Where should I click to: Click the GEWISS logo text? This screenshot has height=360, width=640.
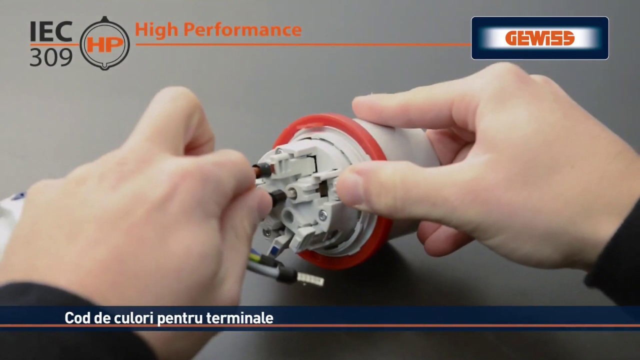click(x=539, y=38)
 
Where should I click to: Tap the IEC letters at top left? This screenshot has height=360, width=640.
click(x=51, y=31)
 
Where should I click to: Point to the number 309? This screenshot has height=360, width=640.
click(x=51, y=57)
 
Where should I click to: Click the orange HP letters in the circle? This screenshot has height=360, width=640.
click(x=105, y=45)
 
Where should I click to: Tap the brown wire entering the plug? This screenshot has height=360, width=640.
click(x=257, y=171)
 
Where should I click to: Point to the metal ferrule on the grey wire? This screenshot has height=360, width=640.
click(x=310, y=279)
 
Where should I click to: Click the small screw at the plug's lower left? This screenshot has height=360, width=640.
click(x=267, y=233)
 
